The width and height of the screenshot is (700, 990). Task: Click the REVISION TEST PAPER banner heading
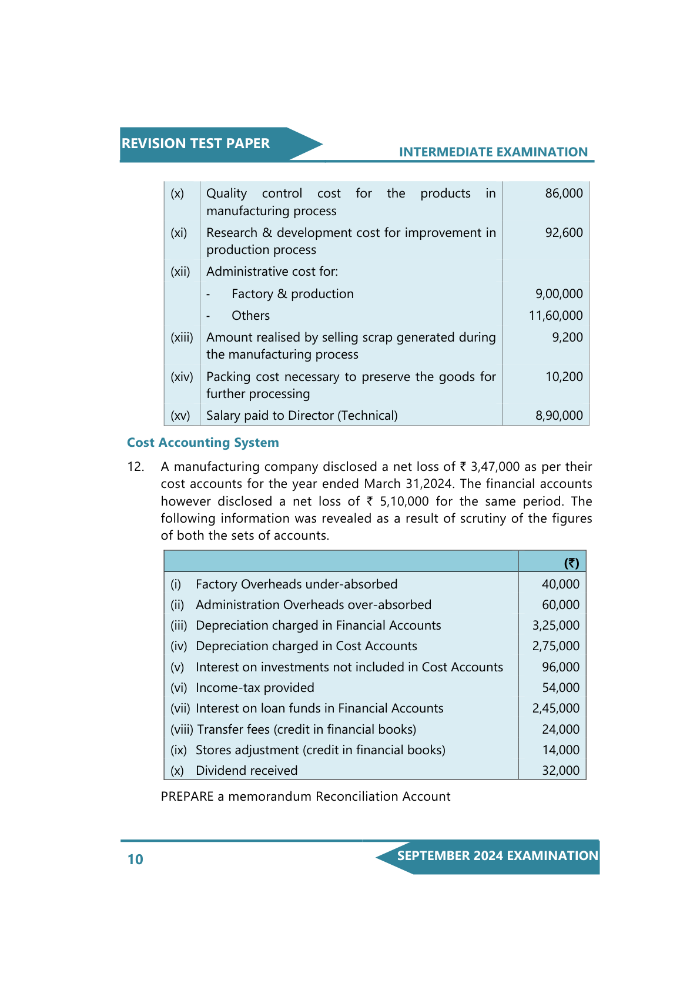click(195, 143)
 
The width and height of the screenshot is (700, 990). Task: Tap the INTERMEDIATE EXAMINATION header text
click(493, 152)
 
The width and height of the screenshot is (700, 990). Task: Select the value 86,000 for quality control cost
click(564, 193)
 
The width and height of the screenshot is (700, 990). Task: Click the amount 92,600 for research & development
click(564, 233)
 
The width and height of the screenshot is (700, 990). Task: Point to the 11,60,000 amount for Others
click(555, 316)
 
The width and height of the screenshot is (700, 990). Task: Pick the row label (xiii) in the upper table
click(182, 337)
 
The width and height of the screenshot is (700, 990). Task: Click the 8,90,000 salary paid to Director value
click(559, 416)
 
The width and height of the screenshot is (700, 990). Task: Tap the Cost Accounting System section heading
click(203, 443)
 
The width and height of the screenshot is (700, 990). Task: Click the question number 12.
click(136, 467)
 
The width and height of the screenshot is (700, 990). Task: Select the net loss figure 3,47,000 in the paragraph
click(495, 467)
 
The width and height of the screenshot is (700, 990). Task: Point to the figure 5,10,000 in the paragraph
click(404, 501)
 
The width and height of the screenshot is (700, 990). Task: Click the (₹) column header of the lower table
click(571, 563)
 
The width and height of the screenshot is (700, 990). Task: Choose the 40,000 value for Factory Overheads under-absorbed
click(560, 584)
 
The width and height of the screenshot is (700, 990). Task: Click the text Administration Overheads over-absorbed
click(313, 605)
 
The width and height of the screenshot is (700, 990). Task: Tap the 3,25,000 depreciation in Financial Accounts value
click(555, 626)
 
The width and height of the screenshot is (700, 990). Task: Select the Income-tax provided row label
click(254, 688)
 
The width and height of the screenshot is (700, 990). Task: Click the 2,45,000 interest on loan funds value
click(555, 708)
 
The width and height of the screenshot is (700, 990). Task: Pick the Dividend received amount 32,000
click(560, 771)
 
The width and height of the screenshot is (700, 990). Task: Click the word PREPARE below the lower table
click(187, 797)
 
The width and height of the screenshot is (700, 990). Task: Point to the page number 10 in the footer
click(135, 859)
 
